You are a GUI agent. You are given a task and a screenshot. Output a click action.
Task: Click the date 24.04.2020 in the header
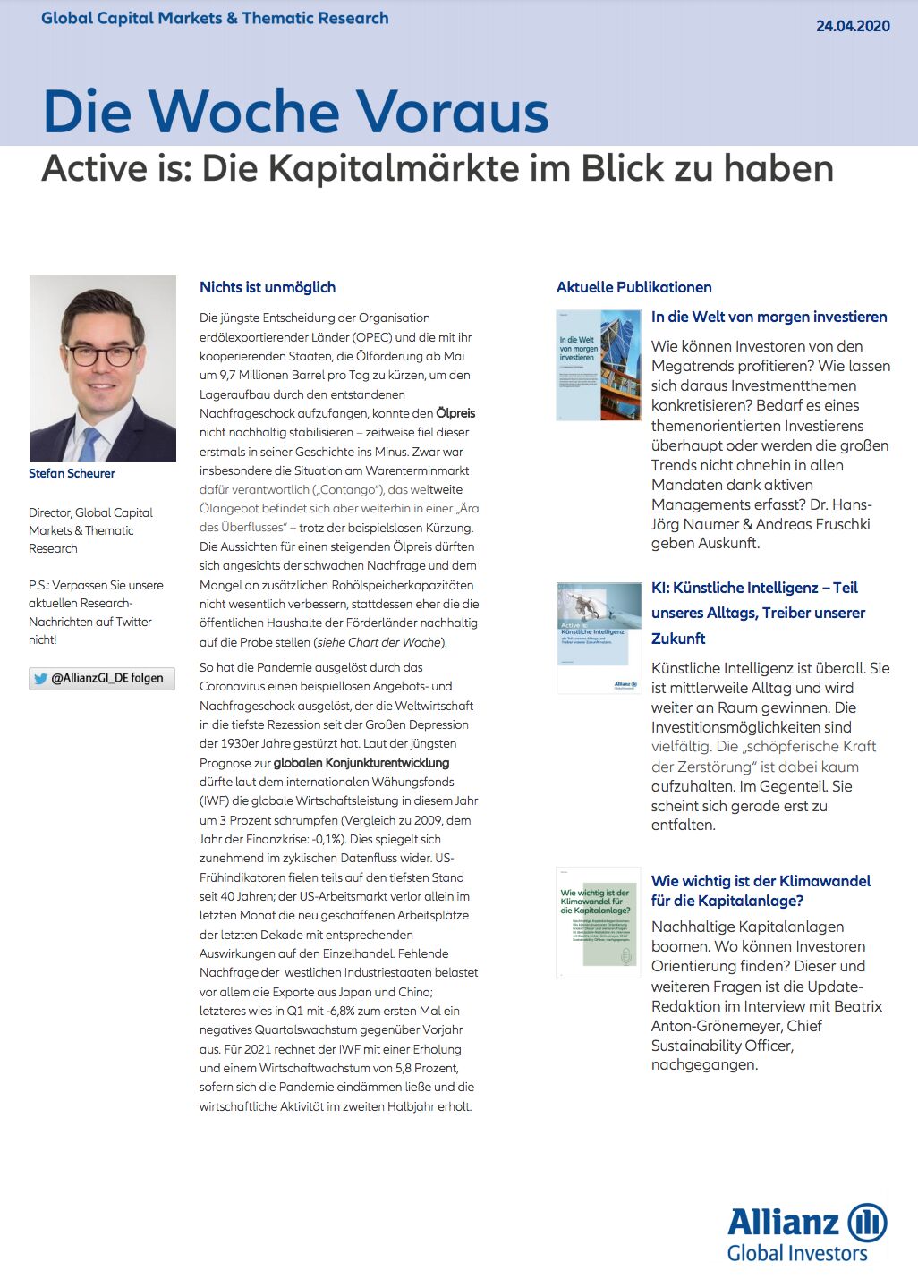click(852, 26)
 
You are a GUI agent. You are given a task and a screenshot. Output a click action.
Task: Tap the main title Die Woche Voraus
click(295, 112)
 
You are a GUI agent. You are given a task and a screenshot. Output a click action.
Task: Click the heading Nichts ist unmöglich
click(268, 287)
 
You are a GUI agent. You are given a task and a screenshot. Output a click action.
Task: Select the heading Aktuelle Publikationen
click(633, 287)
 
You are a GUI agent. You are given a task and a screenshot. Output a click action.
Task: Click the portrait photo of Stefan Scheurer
click(102, 368)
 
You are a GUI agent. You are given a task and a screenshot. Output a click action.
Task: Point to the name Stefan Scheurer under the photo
click(72, 473)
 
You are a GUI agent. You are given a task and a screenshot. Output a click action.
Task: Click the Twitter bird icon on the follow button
click(40, 679)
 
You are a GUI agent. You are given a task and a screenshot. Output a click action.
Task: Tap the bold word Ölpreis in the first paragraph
click(455, 413)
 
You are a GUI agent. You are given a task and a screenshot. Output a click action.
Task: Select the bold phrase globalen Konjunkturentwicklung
click(361, 763)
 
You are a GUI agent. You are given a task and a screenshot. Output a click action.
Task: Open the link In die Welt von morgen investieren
click(769, 317)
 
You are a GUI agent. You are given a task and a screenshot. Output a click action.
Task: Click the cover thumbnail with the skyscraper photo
click(599, 365)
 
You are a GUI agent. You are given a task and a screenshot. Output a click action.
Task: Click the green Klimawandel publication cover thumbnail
click(598, 922)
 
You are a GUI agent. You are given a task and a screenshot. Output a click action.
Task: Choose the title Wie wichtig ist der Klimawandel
click(761, 881)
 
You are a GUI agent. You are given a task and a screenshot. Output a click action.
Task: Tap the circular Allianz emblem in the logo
click(866, 1222)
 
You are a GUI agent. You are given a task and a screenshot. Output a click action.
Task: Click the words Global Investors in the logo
click(796, 1253)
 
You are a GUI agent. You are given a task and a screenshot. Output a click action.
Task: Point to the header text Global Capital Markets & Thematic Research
click(215, 18)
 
